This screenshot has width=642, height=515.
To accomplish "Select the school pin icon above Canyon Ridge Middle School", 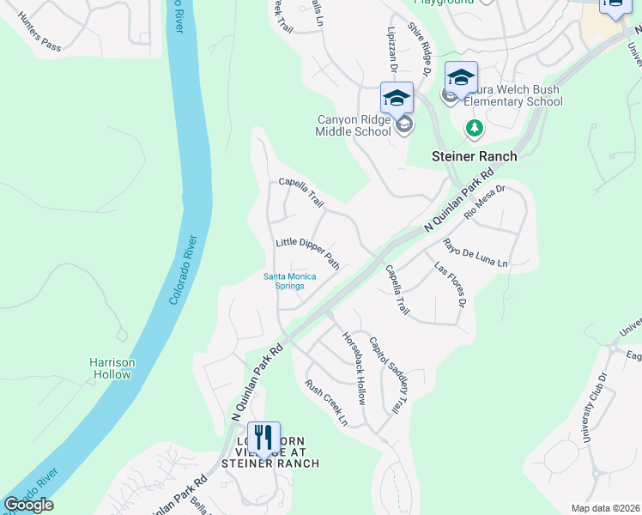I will (397, 99).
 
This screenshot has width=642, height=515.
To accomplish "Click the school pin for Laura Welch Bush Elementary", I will (461, 79).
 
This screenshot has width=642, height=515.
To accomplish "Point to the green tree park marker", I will (474, 129).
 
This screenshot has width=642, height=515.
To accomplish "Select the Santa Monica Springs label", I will (289, 281).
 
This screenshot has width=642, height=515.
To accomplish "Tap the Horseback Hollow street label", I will (354, 369).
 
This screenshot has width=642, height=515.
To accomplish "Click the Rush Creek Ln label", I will (326, 403).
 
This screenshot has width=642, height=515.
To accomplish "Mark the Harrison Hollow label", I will (112, 368).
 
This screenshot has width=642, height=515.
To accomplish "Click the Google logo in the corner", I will (28, 505).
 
